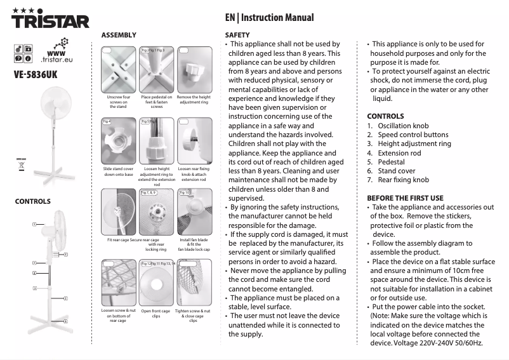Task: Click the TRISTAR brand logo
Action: point(51,20)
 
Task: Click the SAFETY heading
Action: point(237,34)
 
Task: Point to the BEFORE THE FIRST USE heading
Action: point(405,198)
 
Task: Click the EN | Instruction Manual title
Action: point(269,18)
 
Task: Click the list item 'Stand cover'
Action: point(397,171)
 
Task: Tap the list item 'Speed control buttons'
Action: point(413,135)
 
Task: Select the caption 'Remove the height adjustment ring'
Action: point(194,100)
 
